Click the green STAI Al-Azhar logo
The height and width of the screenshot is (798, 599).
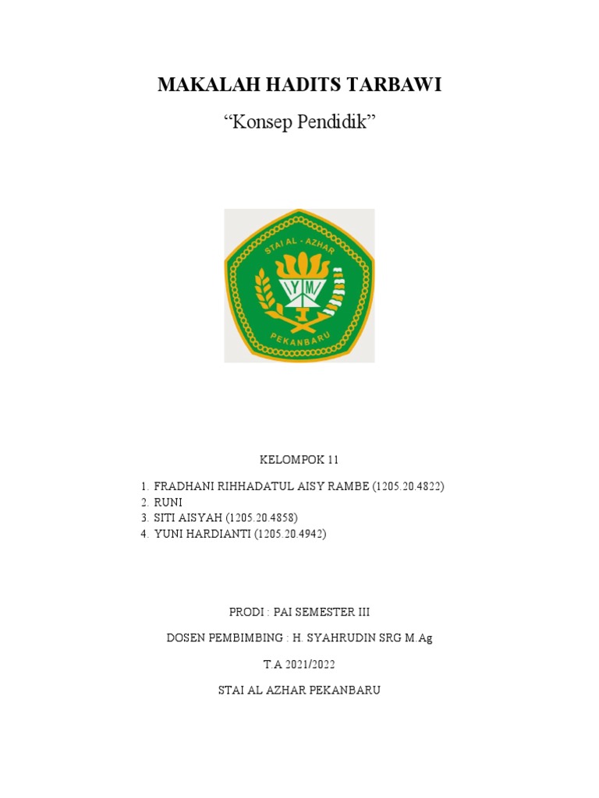[x=299, y=286]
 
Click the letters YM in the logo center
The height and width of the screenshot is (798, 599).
[x=299, y=290]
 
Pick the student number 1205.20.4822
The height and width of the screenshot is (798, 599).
[x=408, y=487]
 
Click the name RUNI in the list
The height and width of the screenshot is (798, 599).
[x=168, y=503]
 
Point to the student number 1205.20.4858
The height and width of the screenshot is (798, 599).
[x=264, y=518]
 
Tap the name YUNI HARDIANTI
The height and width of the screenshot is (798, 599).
[x=202, y=534]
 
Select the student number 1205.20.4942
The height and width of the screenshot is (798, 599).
[x=291, y=534]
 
